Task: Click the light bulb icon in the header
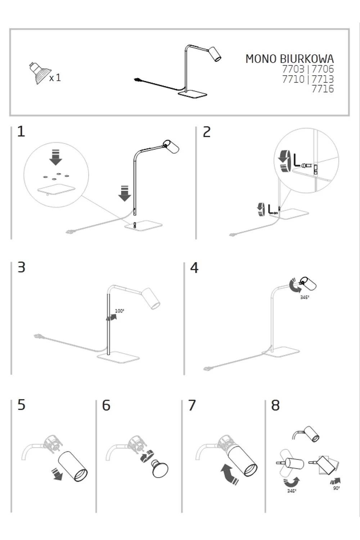(x=39, y=73)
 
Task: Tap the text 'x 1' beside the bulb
(x=55, y=77)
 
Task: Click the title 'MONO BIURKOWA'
(x=289, y=59)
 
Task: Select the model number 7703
(x=293, y=69)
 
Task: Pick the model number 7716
(x=323, y=89)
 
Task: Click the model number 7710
(x=293, y=79)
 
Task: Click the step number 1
(x=21, y=131)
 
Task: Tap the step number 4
(x=194, y=268)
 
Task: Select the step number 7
(x=192, y=405)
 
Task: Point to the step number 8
(x=275, y=405)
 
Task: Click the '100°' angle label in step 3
(x=119, y=311)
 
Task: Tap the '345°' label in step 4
(x=305, y=298)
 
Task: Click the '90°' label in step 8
(x=336, y=488)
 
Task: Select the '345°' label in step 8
(x=292, y=491)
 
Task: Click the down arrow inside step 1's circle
(x=55, y=157)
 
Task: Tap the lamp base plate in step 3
(x=118, y=357)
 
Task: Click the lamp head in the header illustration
(x=215, y=54)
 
